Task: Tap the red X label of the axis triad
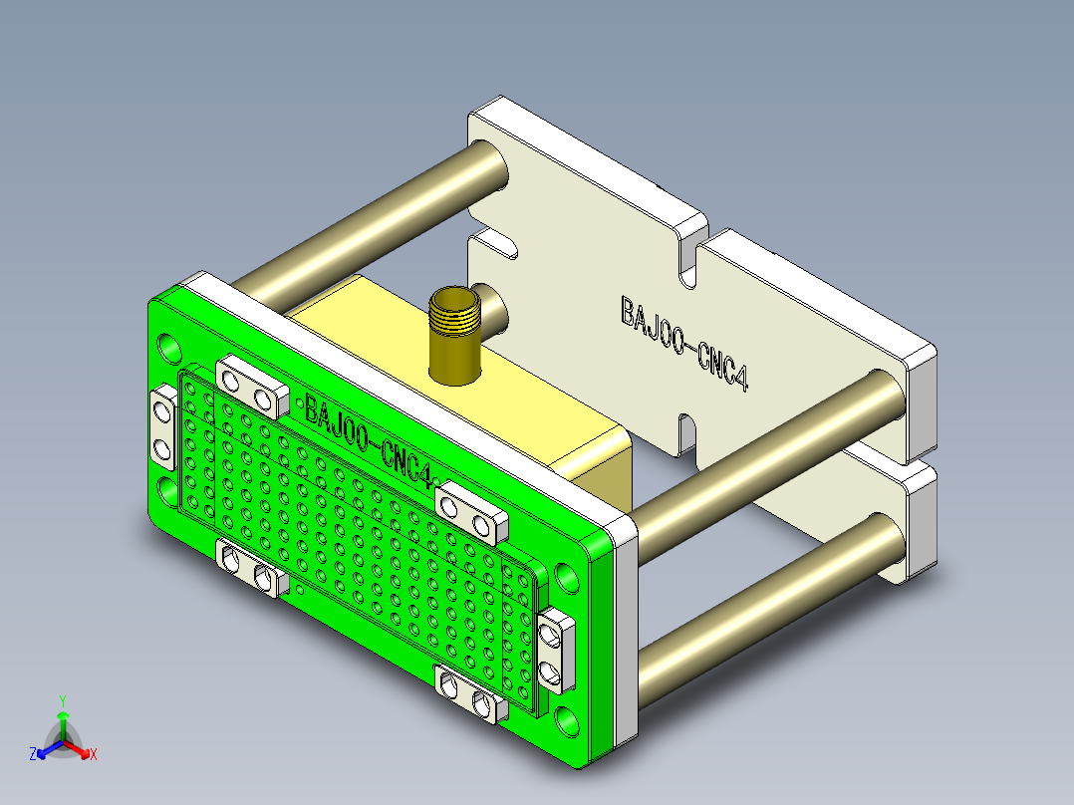(93, 755)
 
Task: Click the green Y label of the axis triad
(63, 700)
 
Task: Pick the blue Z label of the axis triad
(33, 755)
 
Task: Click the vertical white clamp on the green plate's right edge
(556, 652)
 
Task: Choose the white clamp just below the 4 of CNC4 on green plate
(469, 512)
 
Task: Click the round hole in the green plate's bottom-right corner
(566, 720)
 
